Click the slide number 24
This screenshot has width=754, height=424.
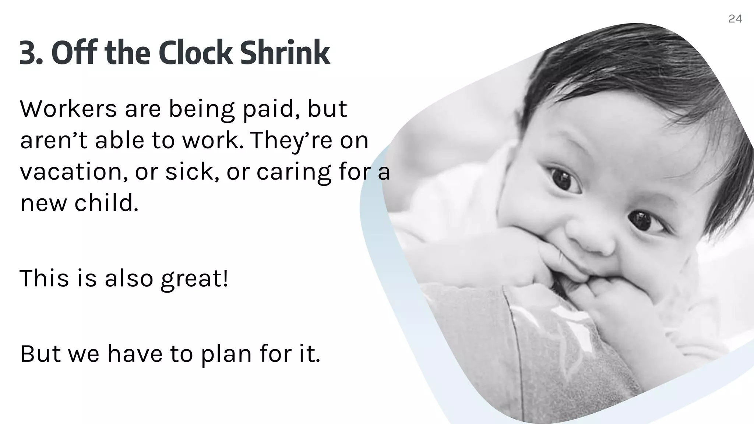point(735,19)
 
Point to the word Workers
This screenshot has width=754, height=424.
point(68,109)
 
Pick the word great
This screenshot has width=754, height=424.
point(194,279)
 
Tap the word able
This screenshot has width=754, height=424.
point(119,140)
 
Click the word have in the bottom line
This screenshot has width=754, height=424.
point(135,354)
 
